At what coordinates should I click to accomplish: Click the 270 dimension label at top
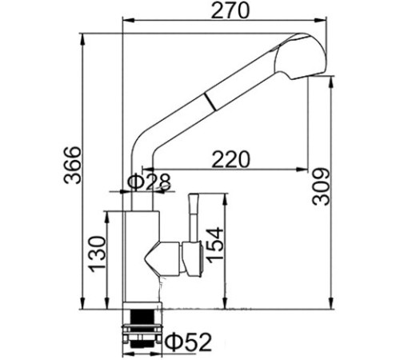pos(233,12)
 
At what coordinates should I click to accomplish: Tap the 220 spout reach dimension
pos(231,158)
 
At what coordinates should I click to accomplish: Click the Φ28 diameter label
pos(150,182)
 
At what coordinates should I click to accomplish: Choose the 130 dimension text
pos(96,254)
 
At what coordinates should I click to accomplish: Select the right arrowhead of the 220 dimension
pos(302,169)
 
